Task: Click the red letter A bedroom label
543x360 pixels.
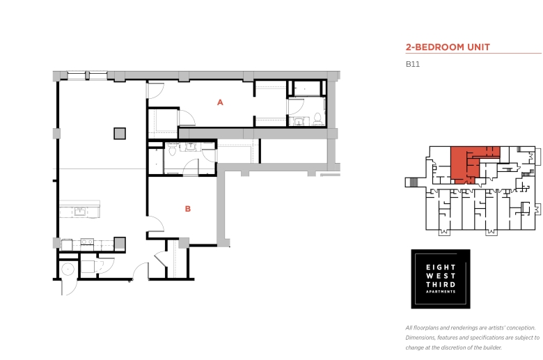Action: coord(220,102)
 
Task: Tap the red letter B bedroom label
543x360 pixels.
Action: coord(188,209)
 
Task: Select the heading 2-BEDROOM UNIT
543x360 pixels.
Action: coord(448,47)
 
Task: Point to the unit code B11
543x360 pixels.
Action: coord(413,64)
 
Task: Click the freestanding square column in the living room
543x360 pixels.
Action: coord(120,134)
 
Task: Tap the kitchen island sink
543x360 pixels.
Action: coord(80,211)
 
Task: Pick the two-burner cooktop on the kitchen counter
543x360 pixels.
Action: coord(87,242)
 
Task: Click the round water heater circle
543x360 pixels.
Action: coord(68,269)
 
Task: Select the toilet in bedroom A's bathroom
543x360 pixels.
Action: coord(317,119)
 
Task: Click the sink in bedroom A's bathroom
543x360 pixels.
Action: coord(299,121)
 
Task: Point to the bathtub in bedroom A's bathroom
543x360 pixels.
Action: coord(307,88)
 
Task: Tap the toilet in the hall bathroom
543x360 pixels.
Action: coord(173,150)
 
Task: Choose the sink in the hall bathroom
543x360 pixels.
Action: coord(191,147)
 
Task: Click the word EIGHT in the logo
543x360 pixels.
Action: coord(441,267)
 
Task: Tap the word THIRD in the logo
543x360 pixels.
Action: coord(441,285)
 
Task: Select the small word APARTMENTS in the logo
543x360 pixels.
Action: coord(441,292)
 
